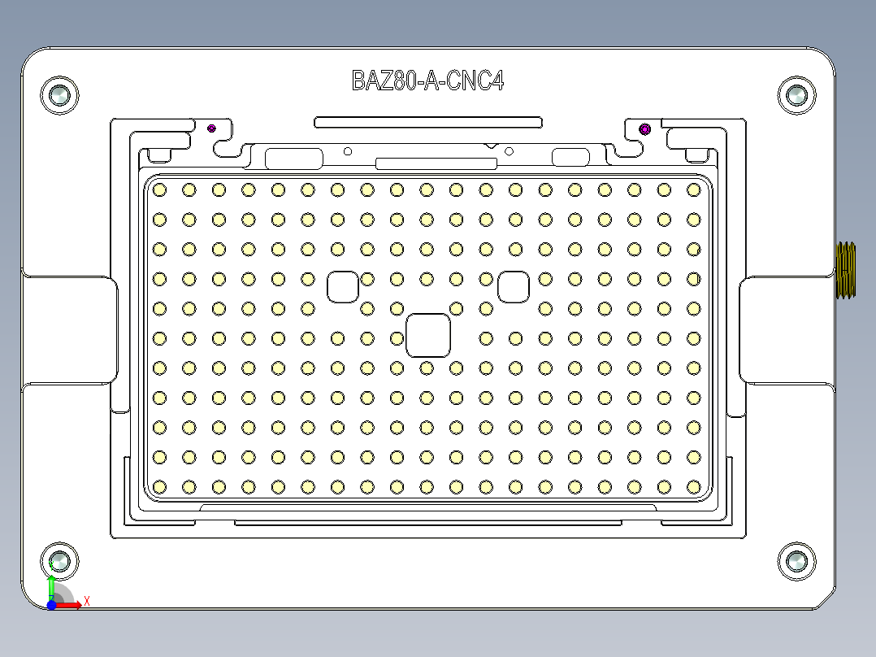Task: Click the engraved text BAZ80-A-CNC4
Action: point(427,80)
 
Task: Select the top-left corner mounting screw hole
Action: point(59,96)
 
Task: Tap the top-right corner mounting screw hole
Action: point(796,96)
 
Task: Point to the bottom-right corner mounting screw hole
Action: point(796,561)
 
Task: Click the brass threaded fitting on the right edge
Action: point(846,270)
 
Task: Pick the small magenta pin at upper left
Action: point(212,128)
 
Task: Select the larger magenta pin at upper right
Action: point(645,128)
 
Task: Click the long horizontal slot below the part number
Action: point(428,122)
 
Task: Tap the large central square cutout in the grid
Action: point(427,335)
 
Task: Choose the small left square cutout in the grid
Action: point(343,286)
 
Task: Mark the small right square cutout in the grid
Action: point(514,286)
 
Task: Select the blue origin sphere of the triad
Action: point(51,605)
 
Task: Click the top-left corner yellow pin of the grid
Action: point(159,189)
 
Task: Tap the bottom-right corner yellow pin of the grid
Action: point(693,486)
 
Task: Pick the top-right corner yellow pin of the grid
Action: point(693,189)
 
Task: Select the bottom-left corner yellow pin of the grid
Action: point(159,486)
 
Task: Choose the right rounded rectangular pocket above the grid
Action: point(570,158)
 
